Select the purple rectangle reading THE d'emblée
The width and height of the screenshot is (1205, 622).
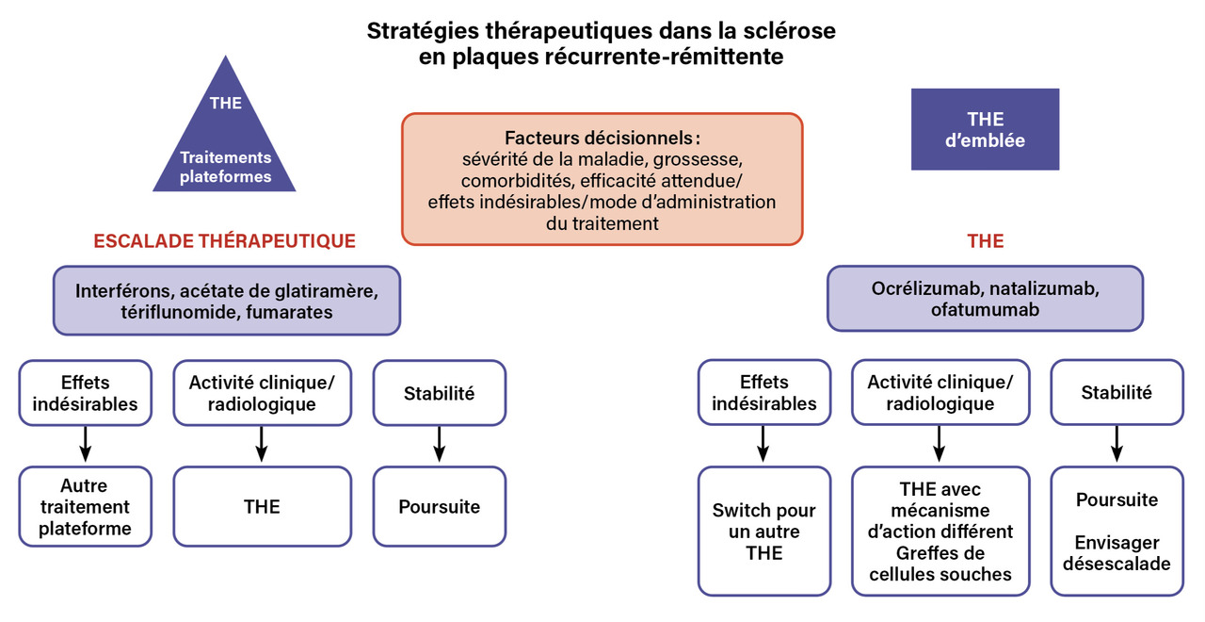pos(985,130)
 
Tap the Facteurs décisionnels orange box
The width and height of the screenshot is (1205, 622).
pos(602,179)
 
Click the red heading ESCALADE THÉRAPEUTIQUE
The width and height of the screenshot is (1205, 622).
pos(225,241)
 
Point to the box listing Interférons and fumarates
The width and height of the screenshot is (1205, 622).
pos(227,300)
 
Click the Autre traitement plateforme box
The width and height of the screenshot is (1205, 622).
pos(84,507)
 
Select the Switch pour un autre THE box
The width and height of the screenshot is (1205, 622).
pos(763,531)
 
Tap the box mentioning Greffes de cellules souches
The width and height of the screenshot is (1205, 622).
pos(940,531)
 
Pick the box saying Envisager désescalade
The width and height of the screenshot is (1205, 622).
pos(1117,531)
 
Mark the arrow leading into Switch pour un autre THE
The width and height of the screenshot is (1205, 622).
pos(763,445)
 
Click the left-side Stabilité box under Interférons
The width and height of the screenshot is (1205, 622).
pos(439,392)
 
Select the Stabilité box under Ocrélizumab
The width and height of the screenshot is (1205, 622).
pos(1117,392)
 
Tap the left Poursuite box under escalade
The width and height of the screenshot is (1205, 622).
pos(439,507)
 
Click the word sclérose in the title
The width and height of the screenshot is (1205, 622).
pos(791,31)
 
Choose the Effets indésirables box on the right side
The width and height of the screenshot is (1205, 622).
pos(763,392)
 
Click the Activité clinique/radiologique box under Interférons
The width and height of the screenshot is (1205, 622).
pos(262,392)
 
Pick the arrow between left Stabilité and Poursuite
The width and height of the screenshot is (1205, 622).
pos(439,445)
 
